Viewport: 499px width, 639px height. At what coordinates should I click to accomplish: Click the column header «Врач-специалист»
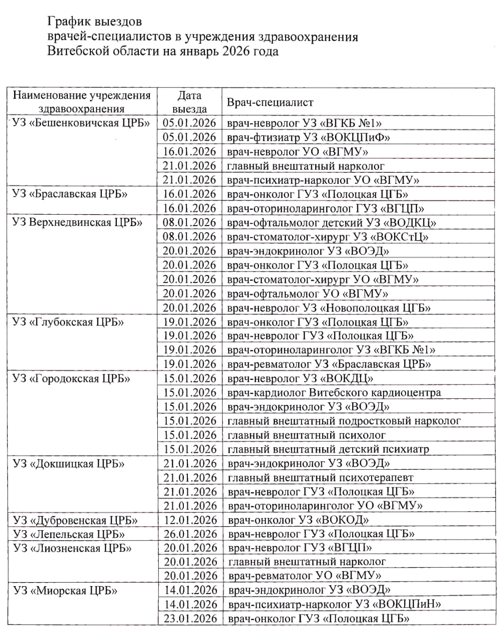coord(270,102)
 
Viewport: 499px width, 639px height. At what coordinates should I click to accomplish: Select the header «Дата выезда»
coord(189,102)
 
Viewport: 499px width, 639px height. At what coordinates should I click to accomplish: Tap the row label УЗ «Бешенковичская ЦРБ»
coord(81,123)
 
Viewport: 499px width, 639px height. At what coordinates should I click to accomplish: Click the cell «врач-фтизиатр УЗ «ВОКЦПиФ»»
coord(308,137)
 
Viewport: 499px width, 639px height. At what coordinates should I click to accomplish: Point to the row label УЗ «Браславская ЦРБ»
coord(70,194)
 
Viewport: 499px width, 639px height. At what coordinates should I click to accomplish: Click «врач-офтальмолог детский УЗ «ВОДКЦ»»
coord(332,223)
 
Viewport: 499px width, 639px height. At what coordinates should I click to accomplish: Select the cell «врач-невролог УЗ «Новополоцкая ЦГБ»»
coord(329,308)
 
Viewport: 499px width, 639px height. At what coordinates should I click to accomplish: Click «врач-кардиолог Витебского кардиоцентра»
coord(334,392)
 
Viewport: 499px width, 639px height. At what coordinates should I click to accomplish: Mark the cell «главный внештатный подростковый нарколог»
coord(344,421)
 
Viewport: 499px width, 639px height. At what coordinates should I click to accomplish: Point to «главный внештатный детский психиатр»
coord(328,449)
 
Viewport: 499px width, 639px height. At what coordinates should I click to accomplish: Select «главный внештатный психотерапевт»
coord(320,478)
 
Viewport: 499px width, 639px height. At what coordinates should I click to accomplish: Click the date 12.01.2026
coord(190,520)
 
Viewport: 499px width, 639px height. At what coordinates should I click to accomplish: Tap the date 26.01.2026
coord(190,534)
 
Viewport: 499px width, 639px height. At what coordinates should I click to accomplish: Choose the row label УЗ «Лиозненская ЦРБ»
coord(72,548)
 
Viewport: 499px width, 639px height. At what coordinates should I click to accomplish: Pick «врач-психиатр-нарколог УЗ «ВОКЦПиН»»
coord(335,605)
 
